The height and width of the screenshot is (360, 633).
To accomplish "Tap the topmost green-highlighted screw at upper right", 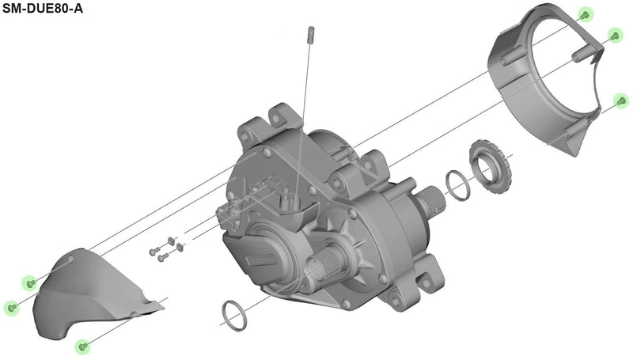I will coord(585,15).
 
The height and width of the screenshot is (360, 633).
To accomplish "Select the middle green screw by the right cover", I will coord(614,35).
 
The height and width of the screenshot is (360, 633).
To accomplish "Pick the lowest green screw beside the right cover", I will coord(622,100).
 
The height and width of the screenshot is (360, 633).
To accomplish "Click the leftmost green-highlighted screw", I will coord(11,307).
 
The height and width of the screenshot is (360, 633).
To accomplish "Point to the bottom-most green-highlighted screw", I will coord(82,347).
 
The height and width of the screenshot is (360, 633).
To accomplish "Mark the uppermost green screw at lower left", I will coord(31,282).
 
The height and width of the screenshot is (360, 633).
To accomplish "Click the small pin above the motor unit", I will coord(311,33).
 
